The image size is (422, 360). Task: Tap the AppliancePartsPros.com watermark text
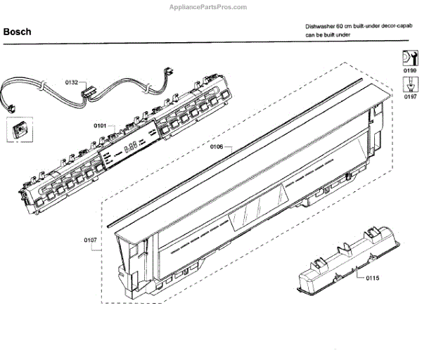(210, 7)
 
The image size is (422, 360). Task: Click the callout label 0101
(100, 126)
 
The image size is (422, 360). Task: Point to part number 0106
(217, 147)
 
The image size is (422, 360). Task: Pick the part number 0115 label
(372, 278)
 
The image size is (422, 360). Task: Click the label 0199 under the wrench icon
(409, 71)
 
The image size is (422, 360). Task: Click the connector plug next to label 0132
(89, 89)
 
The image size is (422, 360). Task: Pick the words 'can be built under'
(327, 34)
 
